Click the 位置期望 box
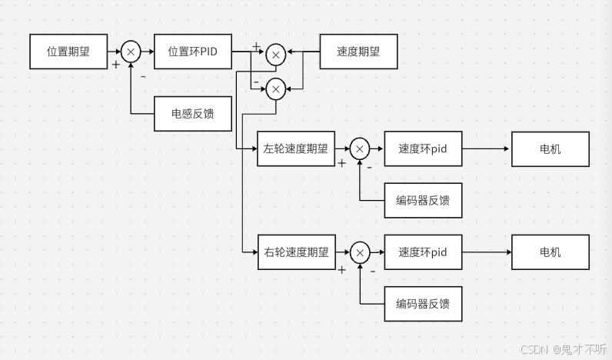[x=68, y=52]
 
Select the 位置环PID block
[x=192, y=52]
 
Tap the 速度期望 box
[x=358, y=52]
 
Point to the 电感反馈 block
[x=192, y=114]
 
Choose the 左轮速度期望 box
[x=296, y=148]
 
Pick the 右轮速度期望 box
[x=296, y=252]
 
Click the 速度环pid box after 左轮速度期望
[x=423, y=148]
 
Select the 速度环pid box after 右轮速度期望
[x=423, y=252]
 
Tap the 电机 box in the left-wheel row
[x=550, y=148]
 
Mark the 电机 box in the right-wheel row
[x=550, y=252]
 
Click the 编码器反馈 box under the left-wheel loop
[x=423, y=200]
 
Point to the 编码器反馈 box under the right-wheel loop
[x=423, y=303]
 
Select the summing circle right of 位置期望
[x=131, y=52]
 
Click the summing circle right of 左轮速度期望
[x=360, y=148]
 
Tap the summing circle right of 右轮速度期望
[x=360, y=252]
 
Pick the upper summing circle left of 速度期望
[x=275, y=54]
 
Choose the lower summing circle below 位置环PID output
[x=275, y=89]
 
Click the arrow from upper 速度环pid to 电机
[x=487, y=148]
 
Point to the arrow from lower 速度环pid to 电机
[x=487, y=252]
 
